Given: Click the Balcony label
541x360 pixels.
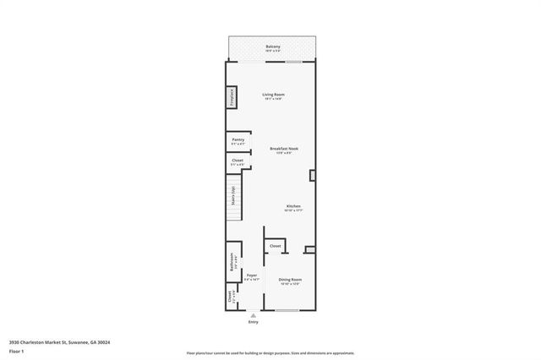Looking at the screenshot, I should point(272,46).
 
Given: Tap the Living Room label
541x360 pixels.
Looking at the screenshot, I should point(272,94).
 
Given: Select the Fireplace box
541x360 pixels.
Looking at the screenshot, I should point(229,97).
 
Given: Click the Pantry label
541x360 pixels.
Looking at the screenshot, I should point(238,139).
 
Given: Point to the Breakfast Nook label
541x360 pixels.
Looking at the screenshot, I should point(284,149).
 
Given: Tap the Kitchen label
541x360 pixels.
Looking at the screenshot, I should point(293,206).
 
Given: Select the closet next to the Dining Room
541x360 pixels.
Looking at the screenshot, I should point(276,246).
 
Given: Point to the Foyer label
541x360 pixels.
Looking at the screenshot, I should point(251,275).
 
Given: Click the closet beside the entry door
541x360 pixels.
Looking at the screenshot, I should point(230,297).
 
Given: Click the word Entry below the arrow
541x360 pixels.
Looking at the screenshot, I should point(253,322).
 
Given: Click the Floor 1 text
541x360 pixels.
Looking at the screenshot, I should point(16,351).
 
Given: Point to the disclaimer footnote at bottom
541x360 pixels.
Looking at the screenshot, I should point(270,352).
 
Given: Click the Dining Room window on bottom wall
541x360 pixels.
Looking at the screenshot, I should point(287,310).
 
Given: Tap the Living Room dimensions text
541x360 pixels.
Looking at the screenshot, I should point(272,100).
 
